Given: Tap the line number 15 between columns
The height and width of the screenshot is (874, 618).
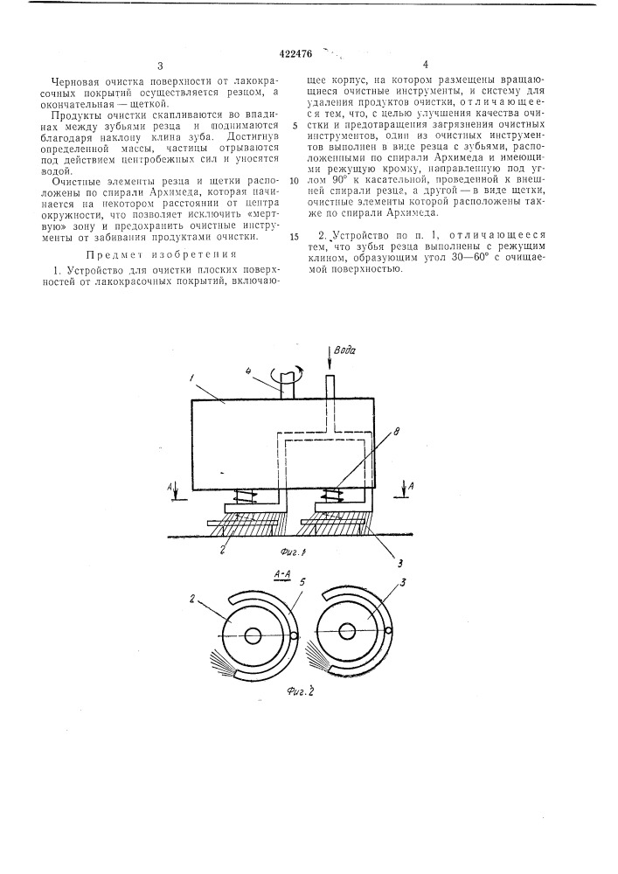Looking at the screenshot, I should (295, 236).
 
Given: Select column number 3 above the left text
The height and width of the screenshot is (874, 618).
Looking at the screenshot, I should (161, 66).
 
